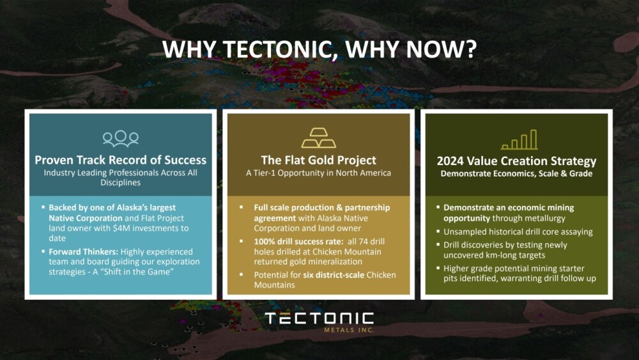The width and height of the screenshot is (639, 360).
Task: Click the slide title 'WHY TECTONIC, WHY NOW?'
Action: [319, 49]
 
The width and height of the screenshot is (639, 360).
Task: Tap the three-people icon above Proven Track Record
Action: [121, 139]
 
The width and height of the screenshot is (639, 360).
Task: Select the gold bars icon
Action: [319, 138]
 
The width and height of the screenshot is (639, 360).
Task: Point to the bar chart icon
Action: [519, 139]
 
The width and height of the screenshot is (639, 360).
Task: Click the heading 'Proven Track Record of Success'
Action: [121, 160]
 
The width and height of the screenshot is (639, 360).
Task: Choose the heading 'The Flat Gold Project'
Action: [319, 160]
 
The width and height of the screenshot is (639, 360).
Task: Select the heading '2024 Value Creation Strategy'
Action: [516, 161]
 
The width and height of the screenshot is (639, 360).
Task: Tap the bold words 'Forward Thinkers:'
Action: [84, 251]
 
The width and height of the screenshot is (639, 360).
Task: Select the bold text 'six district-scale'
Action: [334, 275]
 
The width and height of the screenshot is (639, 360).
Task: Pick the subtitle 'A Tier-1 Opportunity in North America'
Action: [318, 173]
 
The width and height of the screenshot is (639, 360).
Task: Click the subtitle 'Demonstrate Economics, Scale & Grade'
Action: [516, 174]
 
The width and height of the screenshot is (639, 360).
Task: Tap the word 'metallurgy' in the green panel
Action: [545, 219]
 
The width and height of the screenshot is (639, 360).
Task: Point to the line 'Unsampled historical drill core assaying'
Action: [518, 231]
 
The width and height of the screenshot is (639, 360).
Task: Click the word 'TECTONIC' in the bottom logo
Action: [319, 318]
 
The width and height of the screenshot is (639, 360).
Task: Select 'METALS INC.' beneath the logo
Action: [349, 330]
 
